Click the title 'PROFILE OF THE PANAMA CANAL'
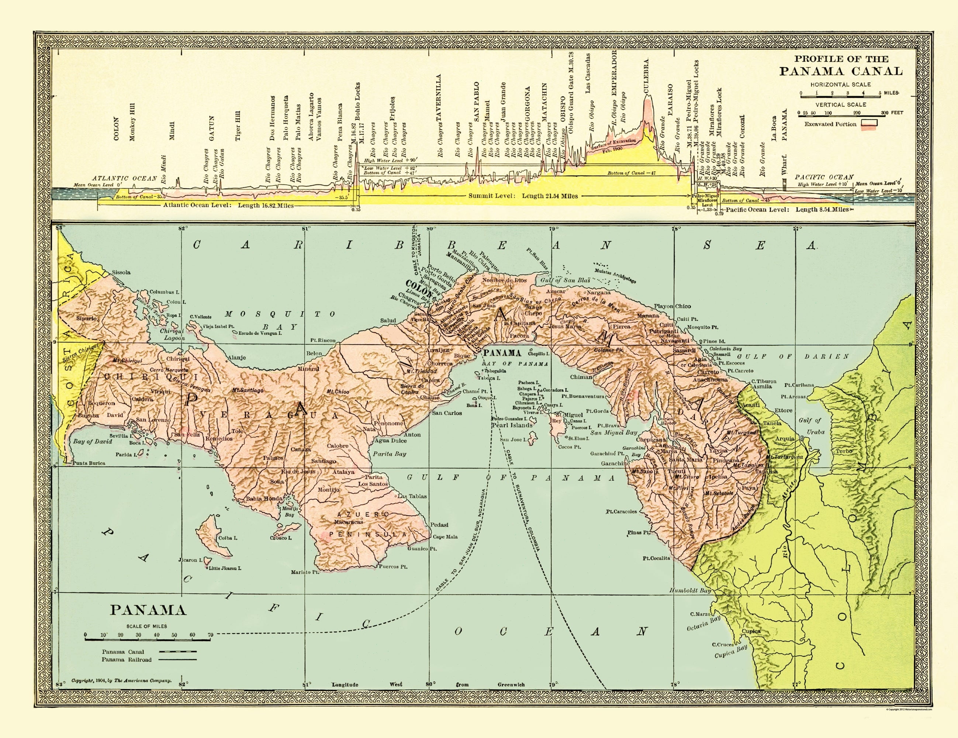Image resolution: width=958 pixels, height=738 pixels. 840,65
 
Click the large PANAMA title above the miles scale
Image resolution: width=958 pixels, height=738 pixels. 148,610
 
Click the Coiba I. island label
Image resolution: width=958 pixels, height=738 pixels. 228,538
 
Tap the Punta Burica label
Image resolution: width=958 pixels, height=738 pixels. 89,463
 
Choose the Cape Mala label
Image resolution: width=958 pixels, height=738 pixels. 445,537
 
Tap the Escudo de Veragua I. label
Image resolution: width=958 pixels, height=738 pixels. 260,333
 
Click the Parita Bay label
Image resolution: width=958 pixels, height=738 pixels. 390,454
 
